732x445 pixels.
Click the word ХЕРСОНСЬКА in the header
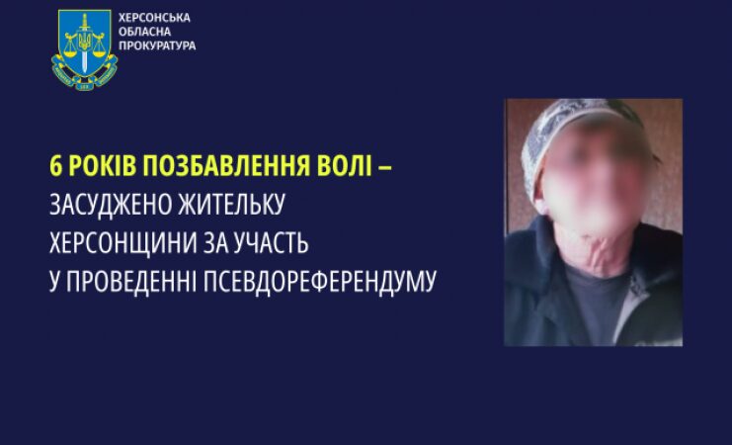pos(154,18)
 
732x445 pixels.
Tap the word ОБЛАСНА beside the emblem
pos(144,32)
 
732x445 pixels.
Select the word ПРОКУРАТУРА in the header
pos(157,45)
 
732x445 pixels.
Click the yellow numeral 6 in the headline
pos(55,166)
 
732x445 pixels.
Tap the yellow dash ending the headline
pos(384,167)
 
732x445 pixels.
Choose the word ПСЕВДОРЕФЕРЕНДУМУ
pos(320,282)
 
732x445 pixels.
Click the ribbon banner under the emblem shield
pos(84,75)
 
